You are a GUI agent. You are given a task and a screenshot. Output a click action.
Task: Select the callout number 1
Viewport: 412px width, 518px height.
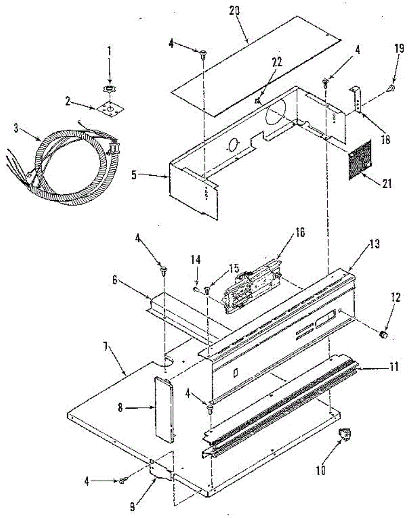[109, 52]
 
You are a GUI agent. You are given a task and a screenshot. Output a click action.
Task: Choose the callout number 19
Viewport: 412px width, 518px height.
[399, 48]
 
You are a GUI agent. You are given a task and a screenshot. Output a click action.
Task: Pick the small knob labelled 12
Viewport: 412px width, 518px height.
[383, 335]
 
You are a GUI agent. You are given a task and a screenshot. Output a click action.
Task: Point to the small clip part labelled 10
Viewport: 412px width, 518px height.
[345, 435]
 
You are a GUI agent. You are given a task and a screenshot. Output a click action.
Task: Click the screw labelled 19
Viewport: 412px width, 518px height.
[391, 89]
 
